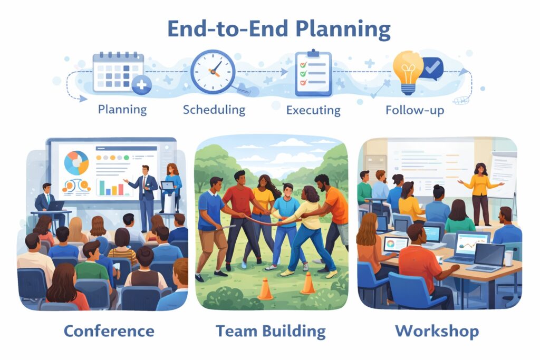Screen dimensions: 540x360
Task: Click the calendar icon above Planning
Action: click(x=119, y=72)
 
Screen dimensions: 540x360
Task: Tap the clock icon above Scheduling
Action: click(x=214, y=72)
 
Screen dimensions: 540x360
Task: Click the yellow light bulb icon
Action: click(x=409, y=72)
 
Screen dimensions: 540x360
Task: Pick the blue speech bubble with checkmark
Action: click(x=433, y=68)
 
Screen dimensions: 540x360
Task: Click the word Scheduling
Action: click(x=214, y=110)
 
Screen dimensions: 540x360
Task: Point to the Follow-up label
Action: click(x=414, y=110)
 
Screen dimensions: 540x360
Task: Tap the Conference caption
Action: click(x=109, y=331)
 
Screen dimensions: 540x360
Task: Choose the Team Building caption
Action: click(x=271, y=331)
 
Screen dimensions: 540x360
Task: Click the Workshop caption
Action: click(x=437, y=331)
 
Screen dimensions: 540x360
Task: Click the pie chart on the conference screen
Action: click(x=76, y=162)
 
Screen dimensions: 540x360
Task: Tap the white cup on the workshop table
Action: click(x=509, y=258)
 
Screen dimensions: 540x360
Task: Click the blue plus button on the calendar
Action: click(x=141, y=85)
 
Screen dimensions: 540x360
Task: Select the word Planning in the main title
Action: click(x=343, y=29)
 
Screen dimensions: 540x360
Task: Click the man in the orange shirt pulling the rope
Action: click(x=331, y=220)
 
